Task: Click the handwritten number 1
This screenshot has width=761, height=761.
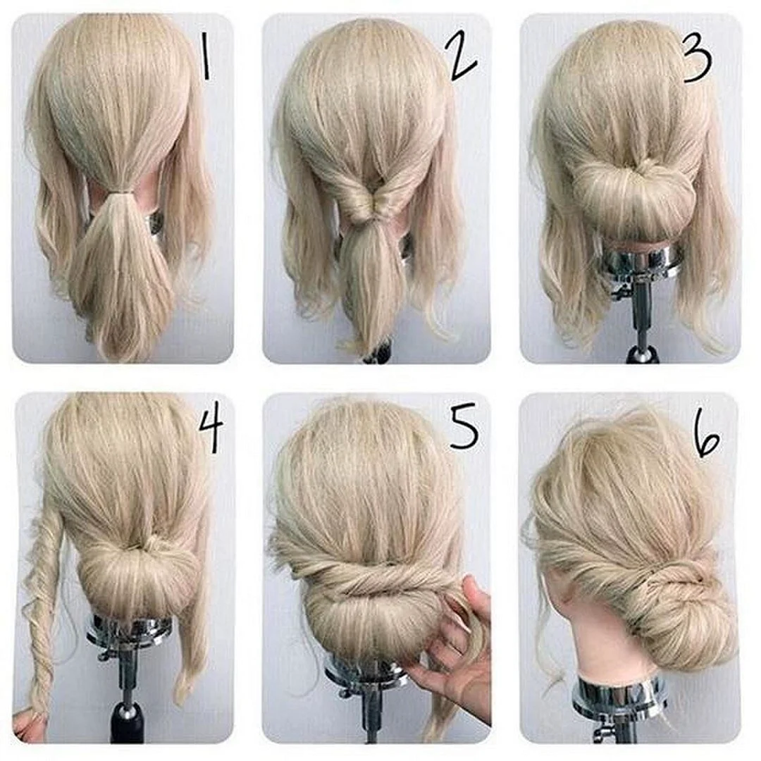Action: click(206, 57)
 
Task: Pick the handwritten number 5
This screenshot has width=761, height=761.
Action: click(464, 428)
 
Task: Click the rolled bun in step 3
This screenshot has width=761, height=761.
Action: click(633, 192)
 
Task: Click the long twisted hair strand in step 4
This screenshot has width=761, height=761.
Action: click(42, 612)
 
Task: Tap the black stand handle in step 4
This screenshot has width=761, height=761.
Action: click(127, 723)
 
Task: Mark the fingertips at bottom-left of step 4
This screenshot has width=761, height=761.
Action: click(22, 726)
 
